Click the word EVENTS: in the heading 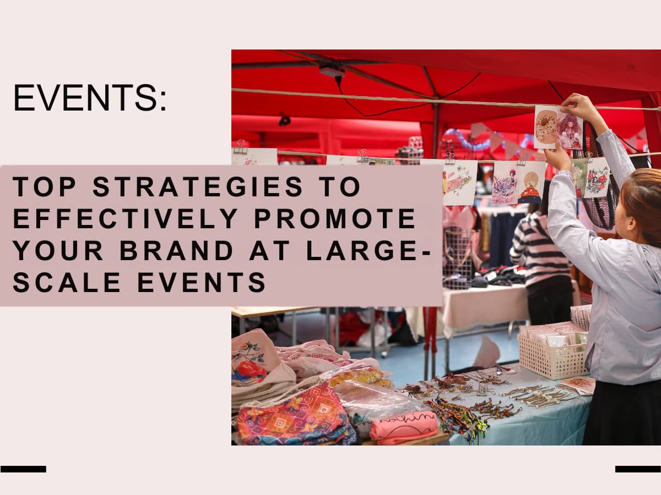coord(90,98)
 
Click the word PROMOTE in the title coord(335,218)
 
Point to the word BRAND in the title coord(177,250)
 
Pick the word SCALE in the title coord(67,282)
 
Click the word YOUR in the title coord(58,250)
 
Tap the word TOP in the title coord(45,186)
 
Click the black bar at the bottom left coord(23,469)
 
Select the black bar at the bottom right coord(638,469)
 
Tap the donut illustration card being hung coord(545,127)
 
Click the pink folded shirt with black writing coord(404,427)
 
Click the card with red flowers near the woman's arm coord(596,177)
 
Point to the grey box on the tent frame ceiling coord(332,71)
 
